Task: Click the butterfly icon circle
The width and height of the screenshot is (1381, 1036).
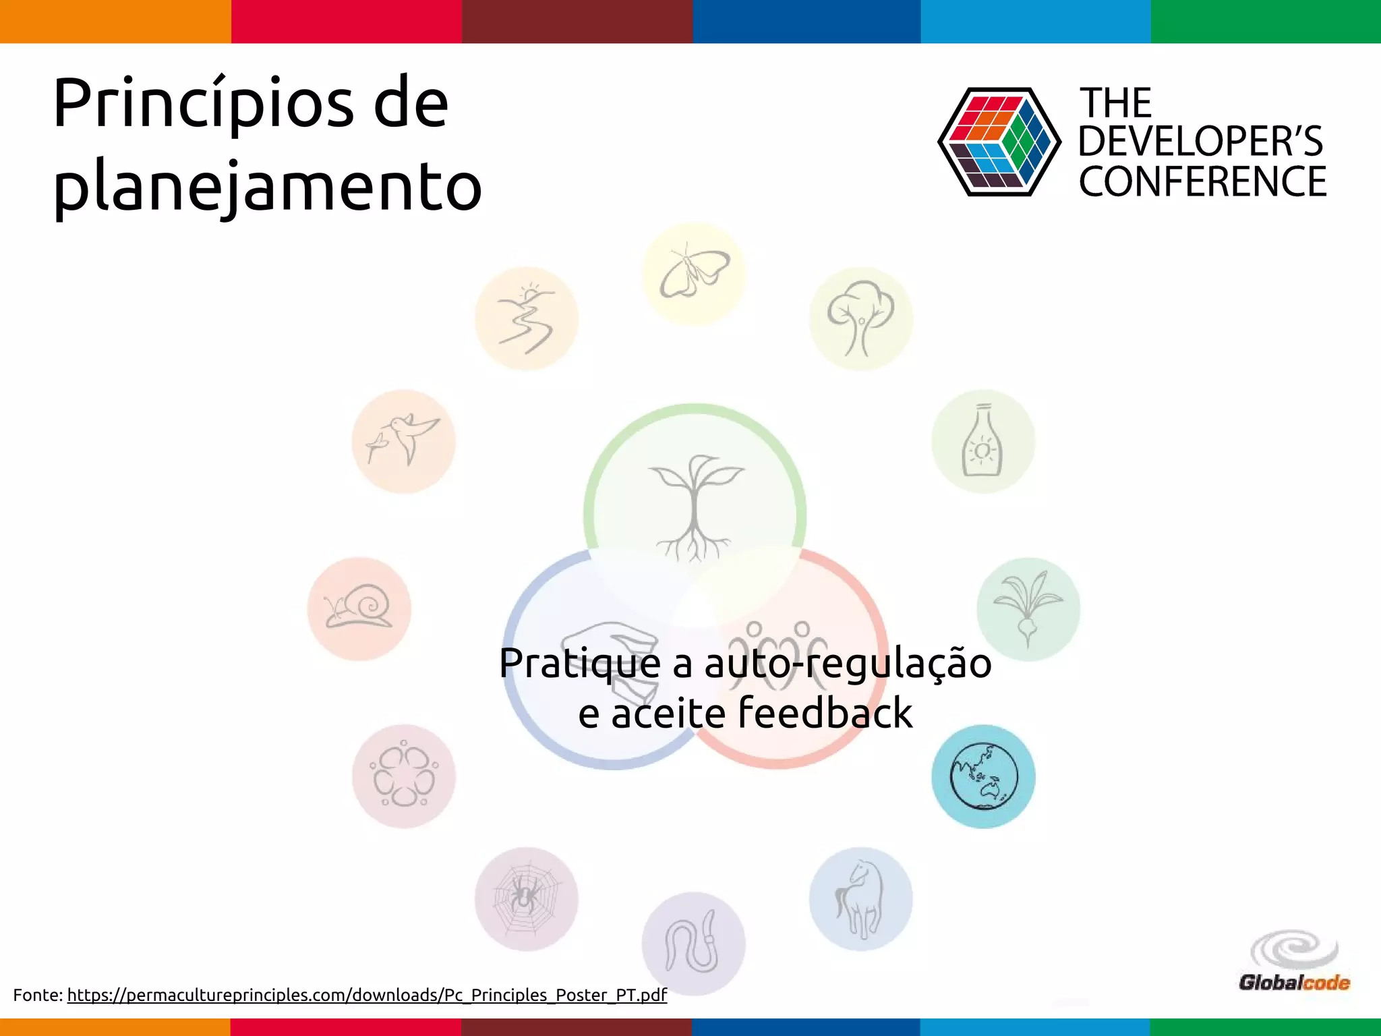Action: pos(694,275)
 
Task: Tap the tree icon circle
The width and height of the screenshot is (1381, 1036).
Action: pos(861,318)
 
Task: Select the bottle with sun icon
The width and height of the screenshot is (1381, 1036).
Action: pos(983,442)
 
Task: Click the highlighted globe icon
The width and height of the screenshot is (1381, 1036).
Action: pos(983,776)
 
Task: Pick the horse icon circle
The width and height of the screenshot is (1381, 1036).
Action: pos(861,899)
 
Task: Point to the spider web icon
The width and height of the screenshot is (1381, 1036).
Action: pos(526,899)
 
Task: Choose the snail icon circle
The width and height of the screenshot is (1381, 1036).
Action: pos(359,608)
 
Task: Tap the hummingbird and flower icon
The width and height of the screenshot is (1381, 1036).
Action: pos(403,442)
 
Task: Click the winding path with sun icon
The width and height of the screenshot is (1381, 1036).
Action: pos(526,318)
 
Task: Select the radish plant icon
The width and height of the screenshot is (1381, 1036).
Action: pos(1028,608)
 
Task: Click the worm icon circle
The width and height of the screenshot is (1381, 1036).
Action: pos(694,943)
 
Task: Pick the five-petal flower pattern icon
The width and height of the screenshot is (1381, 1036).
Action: pos(403,776)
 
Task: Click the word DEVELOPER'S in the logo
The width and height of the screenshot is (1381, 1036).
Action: pos(1200,142)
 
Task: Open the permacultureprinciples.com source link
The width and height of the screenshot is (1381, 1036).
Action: pos(367,995)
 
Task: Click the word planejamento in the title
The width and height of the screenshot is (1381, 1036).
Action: pos(267,185)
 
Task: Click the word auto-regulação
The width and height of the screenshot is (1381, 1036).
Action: pos(848,663)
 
